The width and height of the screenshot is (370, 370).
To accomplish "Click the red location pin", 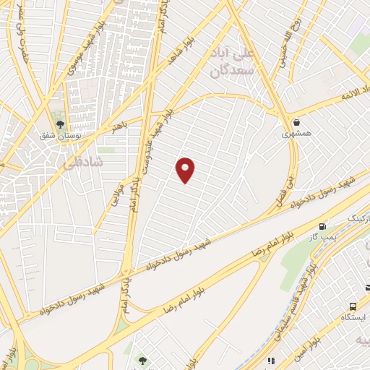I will [186, 170].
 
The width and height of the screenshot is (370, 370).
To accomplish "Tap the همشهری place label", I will [296, 134].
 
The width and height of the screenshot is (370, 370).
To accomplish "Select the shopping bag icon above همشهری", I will [296, 121].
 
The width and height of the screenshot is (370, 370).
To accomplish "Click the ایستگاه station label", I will [353, 318].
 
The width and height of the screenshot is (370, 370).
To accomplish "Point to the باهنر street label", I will [119, 129].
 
